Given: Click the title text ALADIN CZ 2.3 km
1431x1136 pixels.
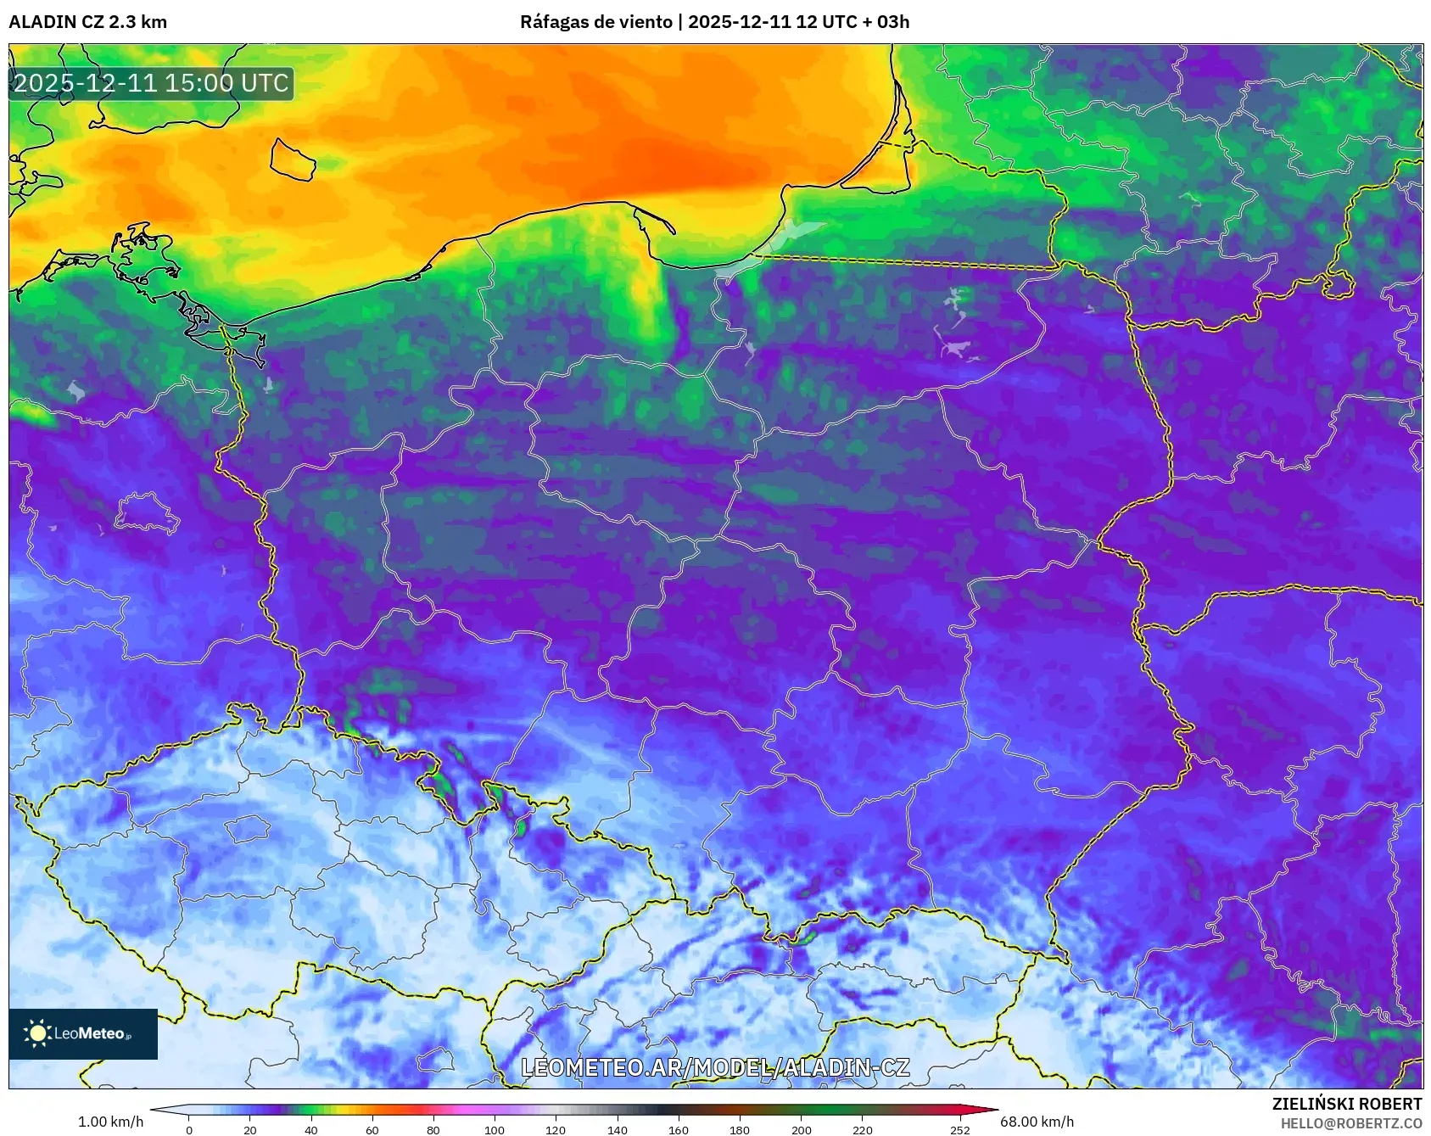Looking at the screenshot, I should (87, 22).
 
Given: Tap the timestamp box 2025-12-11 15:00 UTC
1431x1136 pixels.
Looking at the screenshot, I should (151, 83).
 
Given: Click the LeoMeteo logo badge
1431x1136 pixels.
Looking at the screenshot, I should (83, 1033).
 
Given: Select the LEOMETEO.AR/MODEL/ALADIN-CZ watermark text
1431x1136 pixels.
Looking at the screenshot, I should (715, 1067).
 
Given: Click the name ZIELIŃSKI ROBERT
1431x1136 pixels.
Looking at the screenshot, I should (1346, 1104).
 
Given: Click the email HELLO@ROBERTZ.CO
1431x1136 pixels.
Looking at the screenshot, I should (1350, 1123).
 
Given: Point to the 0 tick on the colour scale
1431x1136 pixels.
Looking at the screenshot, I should (189, 1129).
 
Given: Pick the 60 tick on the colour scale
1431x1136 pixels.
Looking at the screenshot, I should (372, 1129).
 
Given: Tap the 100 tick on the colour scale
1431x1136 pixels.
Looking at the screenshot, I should (495, 1129).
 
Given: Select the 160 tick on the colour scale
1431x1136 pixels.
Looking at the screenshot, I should (679, 1129).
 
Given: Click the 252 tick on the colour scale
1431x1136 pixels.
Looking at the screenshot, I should (959, 1129).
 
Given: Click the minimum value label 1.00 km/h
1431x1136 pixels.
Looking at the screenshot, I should (110, 1122).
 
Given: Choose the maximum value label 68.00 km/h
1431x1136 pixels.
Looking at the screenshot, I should (1037, 1122).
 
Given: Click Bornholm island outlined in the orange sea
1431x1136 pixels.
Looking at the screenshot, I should (293, 160).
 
